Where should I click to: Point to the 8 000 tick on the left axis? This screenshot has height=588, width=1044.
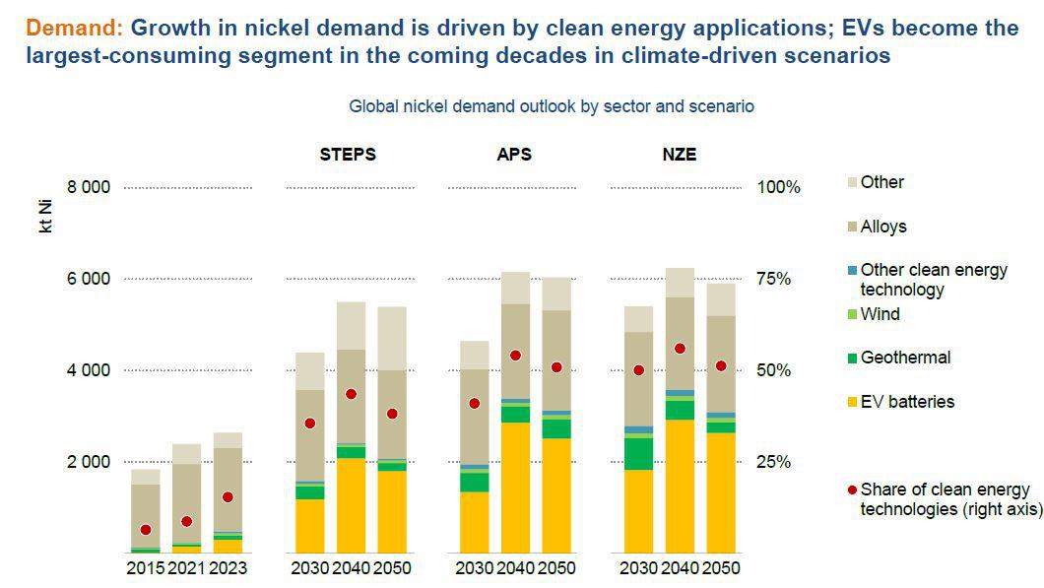88,187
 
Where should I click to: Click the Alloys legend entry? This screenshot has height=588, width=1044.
882,227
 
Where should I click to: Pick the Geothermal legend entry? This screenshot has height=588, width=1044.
905,358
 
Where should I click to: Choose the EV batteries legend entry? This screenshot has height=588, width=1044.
907,401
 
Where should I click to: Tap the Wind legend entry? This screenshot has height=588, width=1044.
880,314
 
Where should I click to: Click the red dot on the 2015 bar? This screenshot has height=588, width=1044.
146,530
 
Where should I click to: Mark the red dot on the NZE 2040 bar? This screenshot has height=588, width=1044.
680,349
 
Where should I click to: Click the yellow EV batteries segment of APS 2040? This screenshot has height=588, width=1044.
516,488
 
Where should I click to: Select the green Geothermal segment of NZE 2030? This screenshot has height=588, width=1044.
638,453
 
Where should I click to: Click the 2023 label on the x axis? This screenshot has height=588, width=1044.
229,568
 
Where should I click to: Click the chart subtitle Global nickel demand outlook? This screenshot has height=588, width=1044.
552,105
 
